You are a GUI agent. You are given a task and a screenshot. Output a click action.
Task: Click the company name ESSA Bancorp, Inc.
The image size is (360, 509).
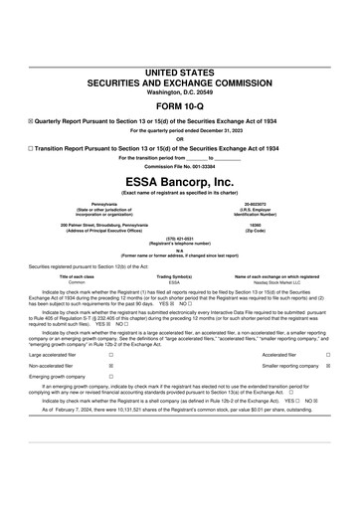pos(180,182)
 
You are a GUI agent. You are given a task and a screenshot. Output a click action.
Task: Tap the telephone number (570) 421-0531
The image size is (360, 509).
pos(180,241)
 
